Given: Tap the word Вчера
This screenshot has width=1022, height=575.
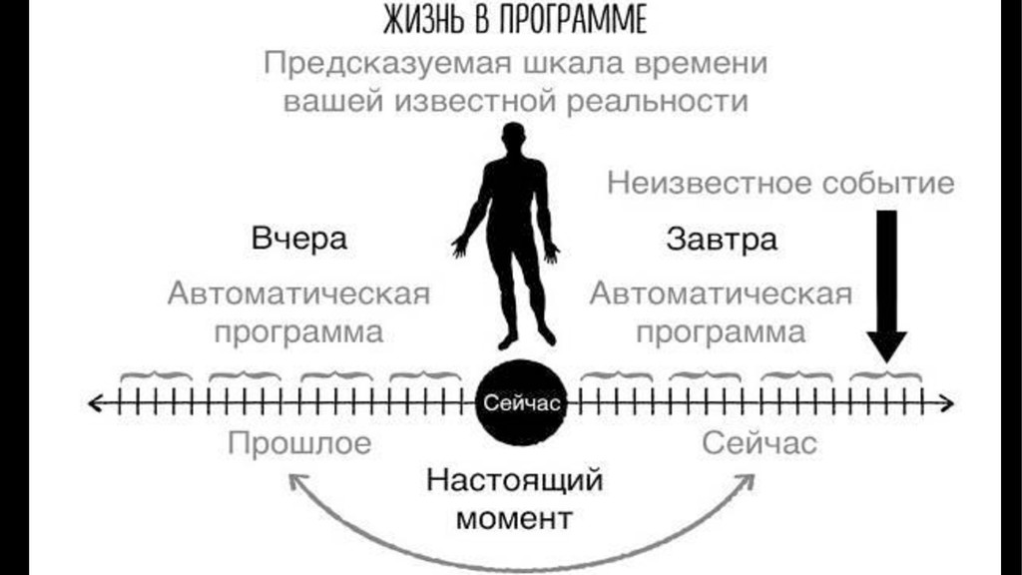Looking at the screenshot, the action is tap(299, 240).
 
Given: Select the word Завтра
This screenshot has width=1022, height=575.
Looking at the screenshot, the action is tap(721, 240).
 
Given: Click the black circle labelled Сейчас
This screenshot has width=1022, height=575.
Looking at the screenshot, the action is tap(517, 403).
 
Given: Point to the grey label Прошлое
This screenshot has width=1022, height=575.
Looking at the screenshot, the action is tap(299, 442).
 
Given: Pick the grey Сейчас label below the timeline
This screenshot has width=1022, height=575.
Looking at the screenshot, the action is tap(759, 442).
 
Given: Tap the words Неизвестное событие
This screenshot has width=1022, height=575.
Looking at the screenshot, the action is tap(779, 184).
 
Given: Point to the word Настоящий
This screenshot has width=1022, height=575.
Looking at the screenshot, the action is tap(515, 480).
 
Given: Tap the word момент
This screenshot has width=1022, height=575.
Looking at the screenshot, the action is tap(515, 518).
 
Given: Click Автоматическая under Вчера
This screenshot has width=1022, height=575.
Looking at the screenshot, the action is tap(299, 294).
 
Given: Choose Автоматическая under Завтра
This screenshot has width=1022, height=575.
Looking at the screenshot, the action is tap(721, 294).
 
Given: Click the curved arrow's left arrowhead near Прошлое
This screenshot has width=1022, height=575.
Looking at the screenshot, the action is tap(296, 482).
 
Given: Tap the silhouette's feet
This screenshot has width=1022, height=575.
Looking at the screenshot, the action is tap(518, 337).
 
